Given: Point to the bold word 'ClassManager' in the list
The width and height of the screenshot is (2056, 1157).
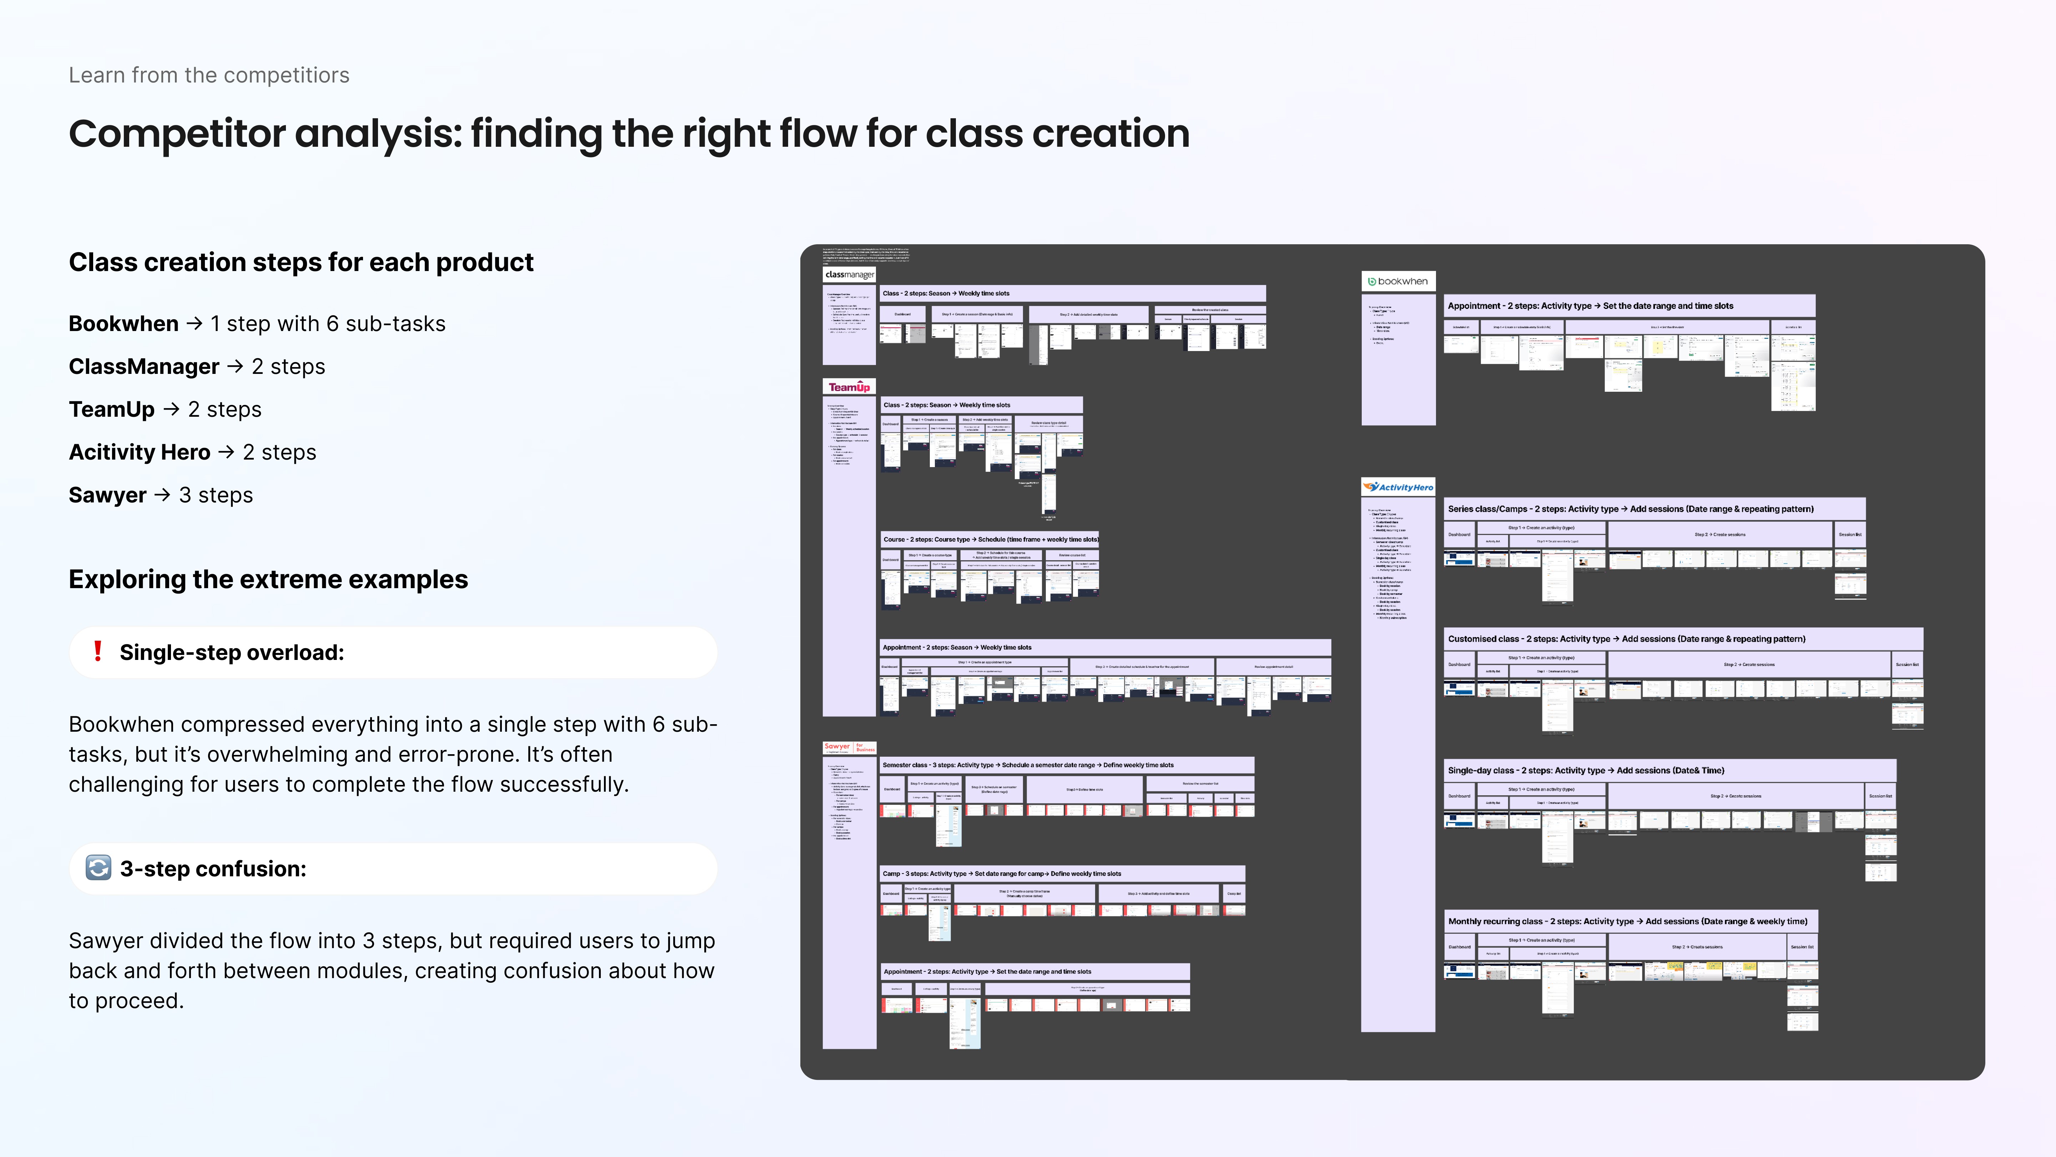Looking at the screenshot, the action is [143, 366].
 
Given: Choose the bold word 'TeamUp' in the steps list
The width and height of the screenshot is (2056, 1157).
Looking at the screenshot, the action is [112, 410].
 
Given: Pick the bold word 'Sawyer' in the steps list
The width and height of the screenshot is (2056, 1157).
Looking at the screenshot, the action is [107, 495].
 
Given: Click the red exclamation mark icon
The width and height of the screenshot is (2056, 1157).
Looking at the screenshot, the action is [97, 652].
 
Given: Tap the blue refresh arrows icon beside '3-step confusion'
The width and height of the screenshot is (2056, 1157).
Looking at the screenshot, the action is [98, 868].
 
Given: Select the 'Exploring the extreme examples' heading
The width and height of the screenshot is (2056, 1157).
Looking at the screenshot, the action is [268, 579].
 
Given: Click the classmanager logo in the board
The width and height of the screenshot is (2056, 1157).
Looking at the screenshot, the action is [849, 275].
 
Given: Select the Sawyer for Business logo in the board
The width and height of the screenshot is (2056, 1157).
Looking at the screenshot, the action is [849, 747].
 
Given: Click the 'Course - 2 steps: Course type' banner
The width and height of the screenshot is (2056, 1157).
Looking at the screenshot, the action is [990, 540].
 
